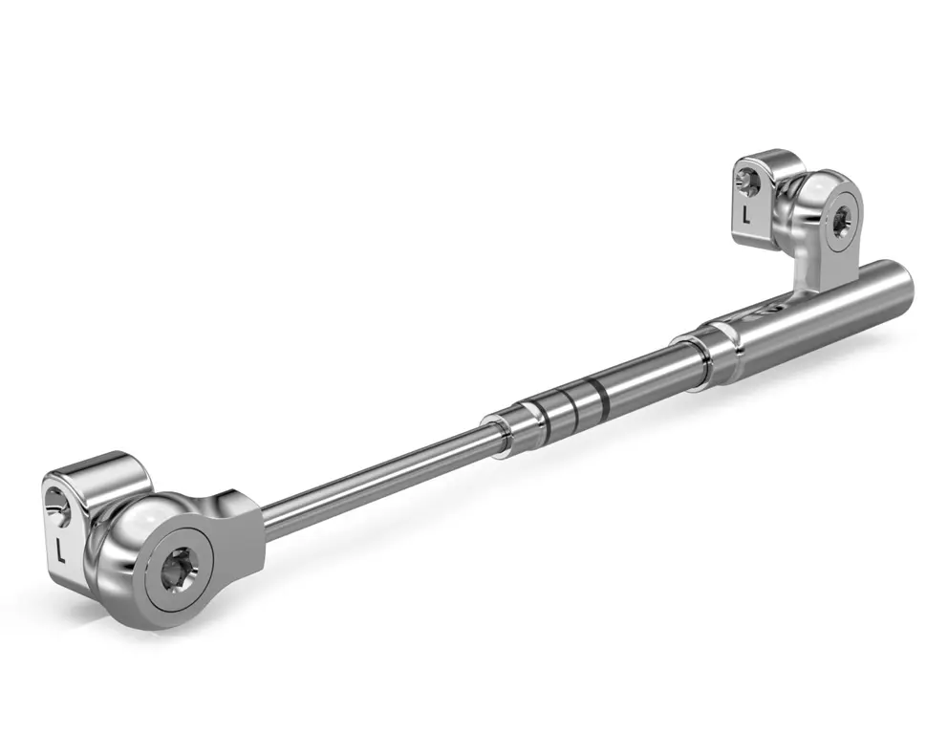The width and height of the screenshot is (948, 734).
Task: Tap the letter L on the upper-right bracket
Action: [746, 214]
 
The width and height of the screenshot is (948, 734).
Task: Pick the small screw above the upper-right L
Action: [745, 178]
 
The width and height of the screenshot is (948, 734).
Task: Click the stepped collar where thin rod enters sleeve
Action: [506, 426]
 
